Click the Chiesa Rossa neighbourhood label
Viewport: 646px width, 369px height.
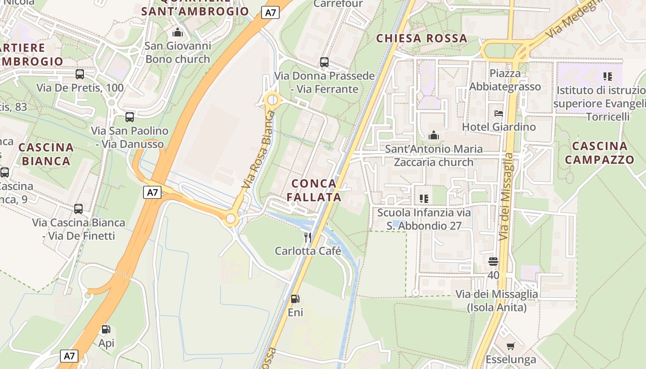point(422,38)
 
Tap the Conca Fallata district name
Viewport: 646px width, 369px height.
point(314,190)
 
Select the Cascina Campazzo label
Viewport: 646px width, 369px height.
point(599,153)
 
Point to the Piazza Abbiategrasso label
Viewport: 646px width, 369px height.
point(505,80)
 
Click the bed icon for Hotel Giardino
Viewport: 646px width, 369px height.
point(498,113)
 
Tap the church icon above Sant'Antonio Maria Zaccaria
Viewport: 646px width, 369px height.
point(433,136)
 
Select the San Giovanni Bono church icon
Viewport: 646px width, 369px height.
point(177,32)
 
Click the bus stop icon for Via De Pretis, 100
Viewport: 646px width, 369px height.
point(80,74)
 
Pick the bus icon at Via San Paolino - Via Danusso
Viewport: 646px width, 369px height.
point(130,117)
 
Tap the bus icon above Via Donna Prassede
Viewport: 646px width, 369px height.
point(324,62)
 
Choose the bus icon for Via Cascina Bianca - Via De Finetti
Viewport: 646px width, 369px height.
point(78,208)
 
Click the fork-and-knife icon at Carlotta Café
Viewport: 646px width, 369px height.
point(307,238)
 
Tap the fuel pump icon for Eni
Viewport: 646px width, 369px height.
point(295,299)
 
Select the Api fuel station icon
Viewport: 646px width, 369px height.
point(106,329)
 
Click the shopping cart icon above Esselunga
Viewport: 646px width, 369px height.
point(511,346)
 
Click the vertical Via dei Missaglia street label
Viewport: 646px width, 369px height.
point(506,196)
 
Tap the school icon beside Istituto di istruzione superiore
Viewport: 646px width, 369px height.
point(607,76)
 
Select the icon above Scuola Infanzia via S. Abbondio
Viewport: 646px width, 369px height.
point(424,199)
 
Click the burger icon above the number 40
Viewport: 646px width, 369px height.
point(493,262)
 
